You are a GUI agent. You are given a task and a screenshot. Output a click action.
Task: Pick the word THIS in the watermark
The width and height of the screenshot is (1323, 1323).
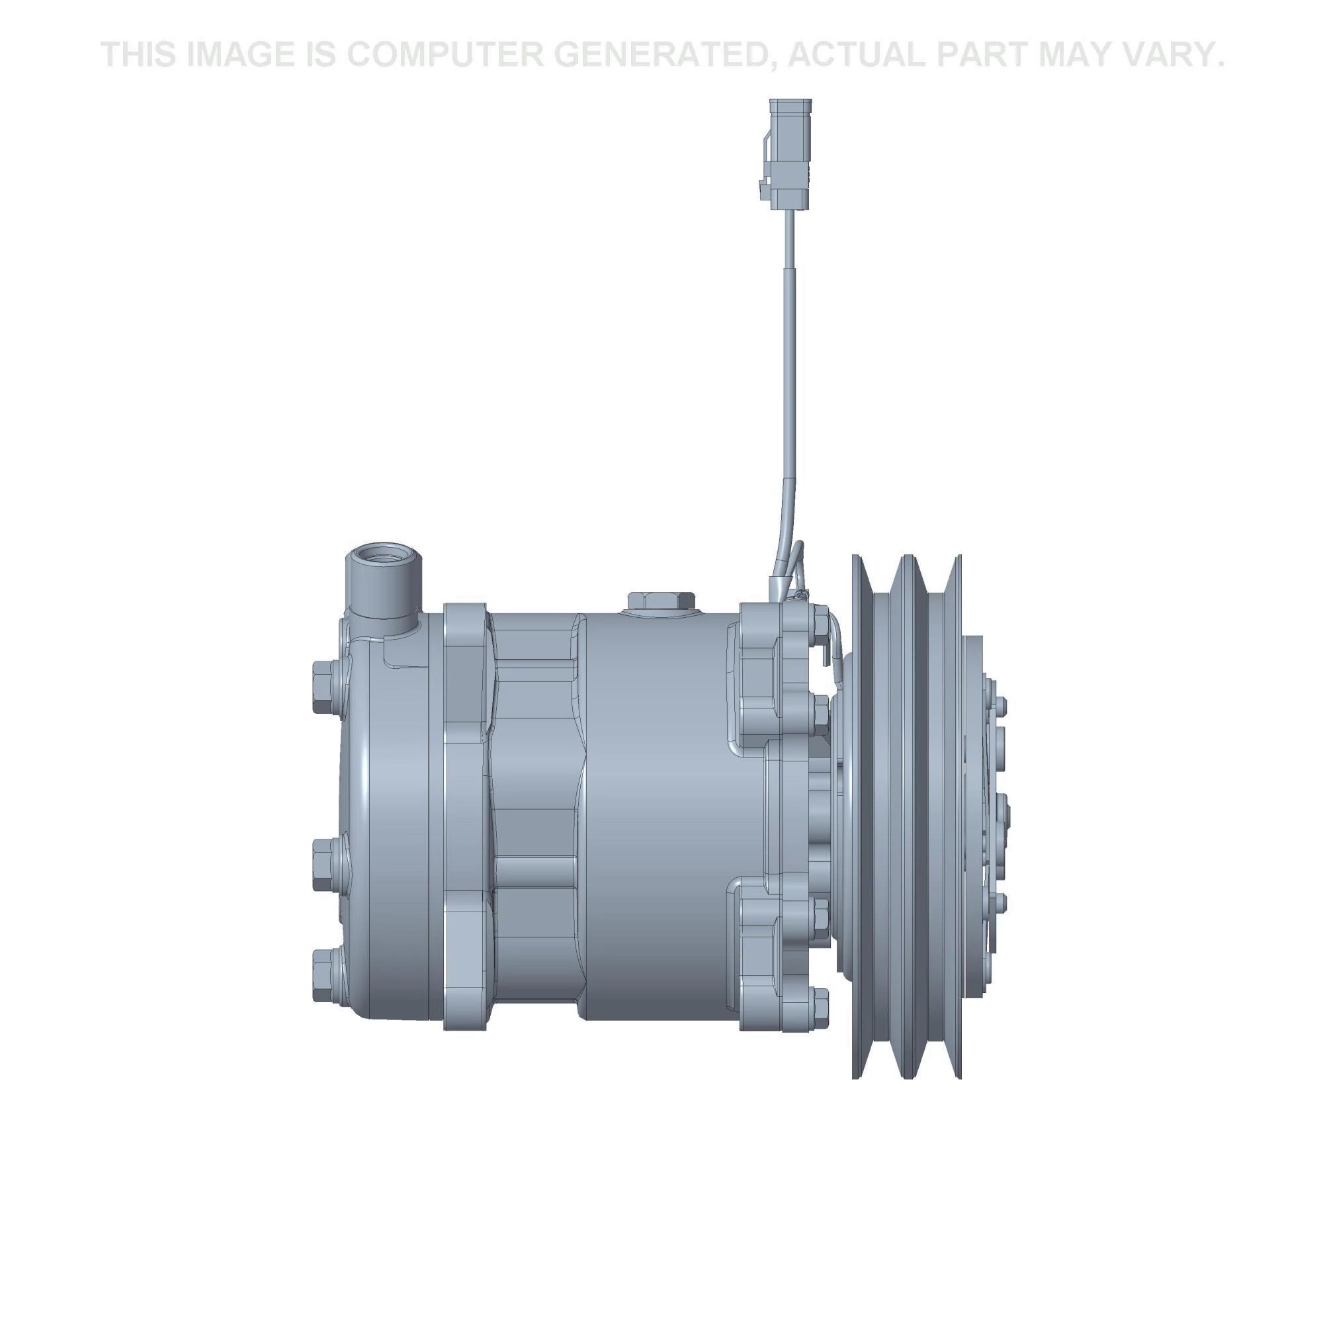(x=140, y=55)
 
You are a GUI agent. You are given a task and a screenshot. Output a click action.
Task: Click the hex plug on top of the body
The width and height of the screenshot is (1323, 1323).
(x=661, y=600)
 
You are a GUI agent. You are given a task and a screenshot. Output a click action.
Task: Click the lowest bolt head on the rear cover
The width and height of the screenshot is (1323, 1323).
(x=325, y=974)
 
